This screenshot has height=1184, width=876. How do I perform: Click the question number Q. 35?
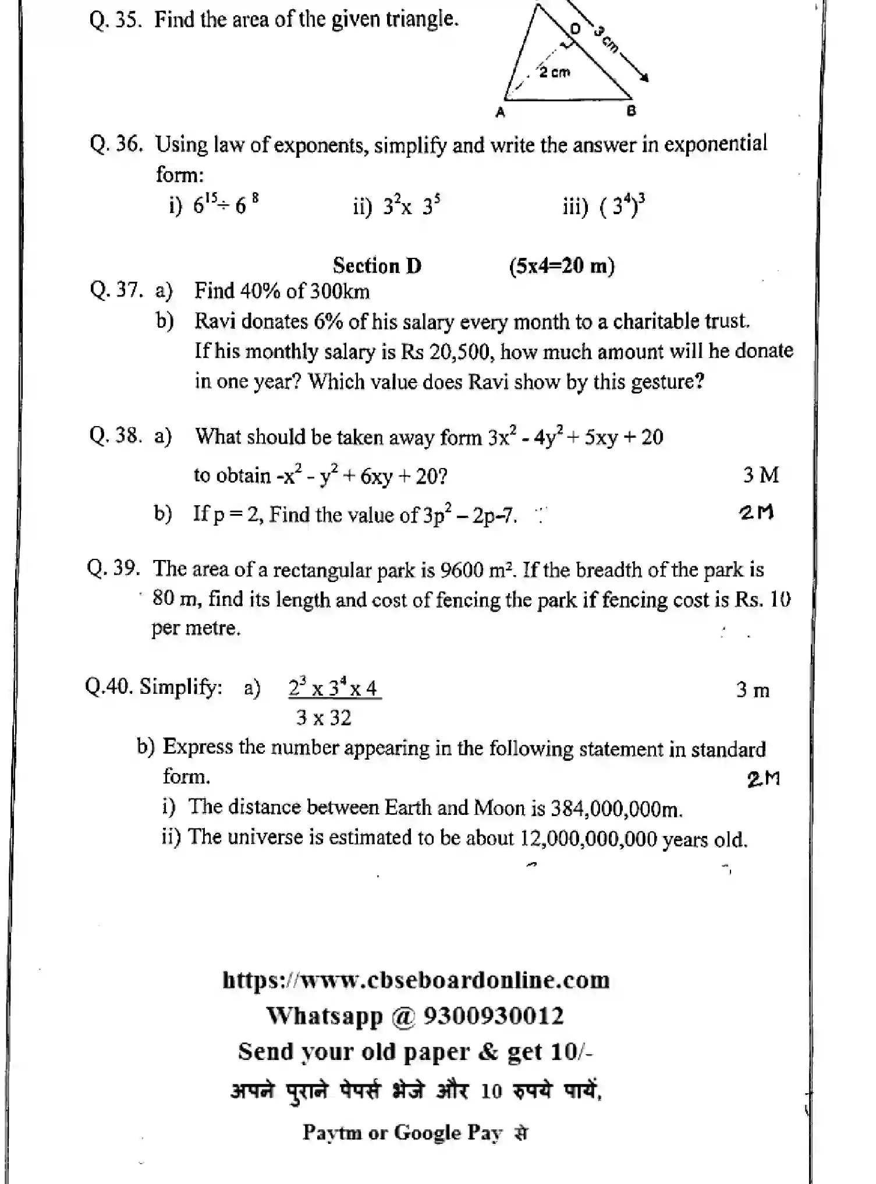[115, 20]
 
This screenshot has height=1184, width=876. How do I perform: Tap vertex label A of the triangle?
[499, 113]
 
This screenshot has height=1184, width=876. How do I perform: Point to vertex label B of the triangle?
[632, 111]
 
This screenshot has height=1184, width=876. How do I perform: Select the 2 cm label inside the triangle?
[554, 73]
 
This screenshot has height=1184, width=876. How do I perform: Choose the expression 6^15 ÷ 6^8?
[226, 204]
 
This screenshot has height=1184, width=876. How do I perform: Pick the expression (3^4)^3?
[622, 205]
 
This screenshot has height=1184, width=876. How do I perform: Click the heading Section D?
[377, 266]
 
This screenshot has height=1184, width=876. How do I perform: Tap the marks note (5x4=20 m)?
[562, 266]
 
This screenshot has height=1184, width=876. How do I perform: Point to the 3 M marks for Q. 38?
[760, 475]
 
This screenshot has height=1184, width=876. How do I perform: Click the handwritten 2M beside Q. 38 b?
[757, 512]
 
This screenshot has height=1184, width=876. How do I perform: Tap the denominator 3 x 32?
[324, 718]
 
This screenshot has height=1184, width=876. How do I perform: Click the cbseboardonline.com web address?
[416, 980]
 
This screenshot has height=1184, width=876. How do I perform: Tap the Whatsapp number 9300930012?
[493, 1016]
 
